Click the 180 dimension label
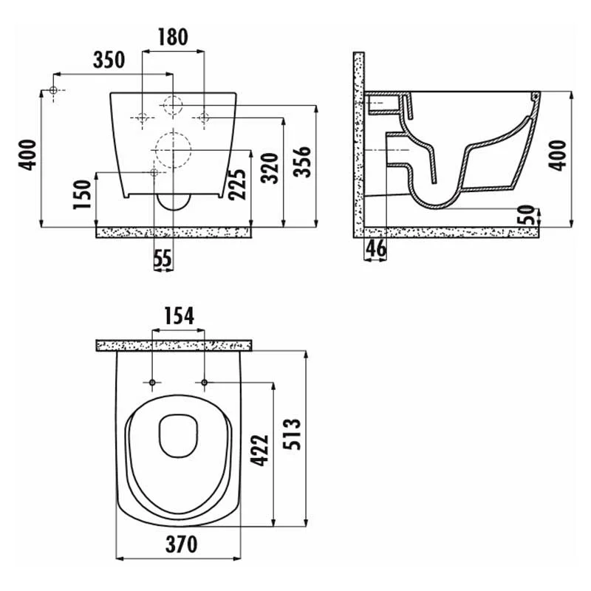click(173, 37)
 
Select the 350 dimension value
click(109, 60)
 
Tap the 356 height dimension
click(302, 162)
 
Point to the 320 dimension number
click(270, 168)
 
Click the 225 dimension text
click(238, 184)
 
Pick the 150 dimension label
click(82, 194)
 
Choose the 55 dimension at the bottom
click(163, 258)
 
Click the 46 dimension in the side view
click(376, 248)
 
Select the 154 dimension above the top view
click(179, 316)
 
